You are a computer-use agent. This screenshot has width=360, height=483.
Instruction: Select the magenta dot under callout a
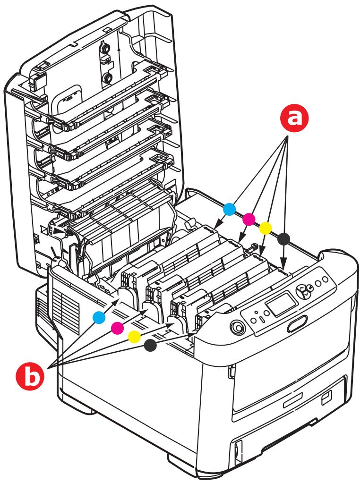tap(249, 219)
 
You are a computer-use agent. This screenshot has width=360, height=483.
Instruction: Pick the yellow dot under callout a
tap(266, 228)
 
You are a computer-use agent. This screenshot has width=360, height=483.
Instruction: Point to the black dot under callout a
tap(283, 239)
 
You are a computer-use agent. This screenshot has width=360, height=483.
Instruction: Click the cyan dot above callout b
tap(98, 318)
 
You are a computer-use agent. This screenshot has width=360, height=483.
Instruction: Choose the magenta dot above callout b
tap(116, 327)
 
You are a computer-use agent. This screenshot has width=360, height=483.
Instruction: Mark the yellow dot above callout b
tap(134, 336)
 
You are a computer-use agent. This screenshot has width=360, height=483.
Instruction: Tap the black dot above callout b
tap(151, 346)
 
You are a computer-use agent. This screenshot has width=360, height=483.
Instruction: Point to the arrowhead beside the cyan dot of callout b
tap(118, 299)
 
